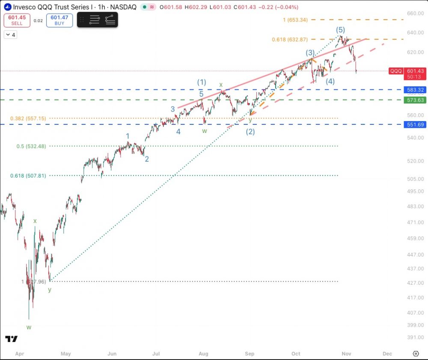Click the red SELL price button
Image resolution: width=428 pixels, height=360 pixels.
click(17, 20)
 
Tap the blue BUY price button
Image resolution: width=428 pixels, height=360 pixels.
click(59, 20)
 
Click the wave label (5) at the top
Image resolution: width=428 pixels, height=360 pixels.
click(340, 30)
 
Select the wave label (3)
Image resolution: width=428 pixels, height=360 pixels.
click(310, 53)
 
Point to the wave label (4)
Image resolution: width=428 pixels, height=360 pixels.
click(330, 81)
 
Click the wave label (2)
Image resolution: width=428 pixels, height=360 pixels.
click(250, 132)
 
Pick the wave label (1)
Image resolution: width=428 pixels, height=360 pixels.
click(202, 82)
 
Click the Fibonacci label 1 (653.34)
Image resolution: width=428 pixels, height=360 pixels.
click(295, 20)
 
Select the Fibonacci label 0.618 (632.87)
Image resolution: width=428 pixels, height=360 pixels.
click(290, 40)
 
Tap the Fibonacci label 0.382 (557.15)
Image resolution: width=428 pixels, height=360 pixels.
click(29, 118)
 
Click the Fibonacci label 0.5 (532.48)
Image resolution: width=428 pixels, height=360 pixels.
click(31, 146)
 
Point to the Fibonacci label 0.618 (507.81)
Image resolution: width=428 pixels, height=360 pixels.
click(28, 176)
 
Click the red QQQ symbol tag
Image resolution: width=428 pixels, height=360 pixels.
click(396, 71)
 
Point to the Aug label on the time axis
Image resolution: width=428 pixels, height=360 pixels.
click(203, 354)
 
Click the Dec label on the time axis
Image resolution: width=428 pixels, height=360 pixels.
click(387, 354)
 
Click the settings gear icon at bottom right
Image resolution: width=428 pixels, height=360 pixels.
click(416, 354)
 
